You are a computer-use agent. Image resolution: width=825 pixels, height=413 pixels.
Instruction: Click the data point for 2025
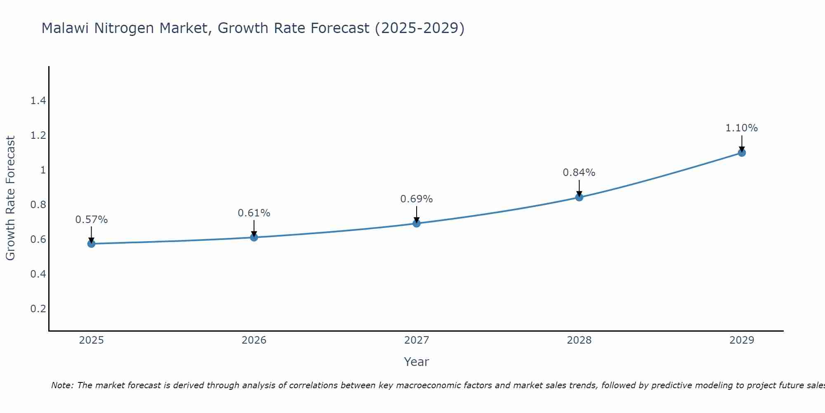(x=91, y=244)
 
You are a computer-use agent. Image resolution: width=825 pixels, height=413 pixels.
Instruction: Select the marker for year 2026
(x=254, y=237)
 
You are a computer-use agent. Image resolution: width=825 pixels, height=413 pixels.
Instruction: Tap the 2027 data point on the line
(x=416, y=223)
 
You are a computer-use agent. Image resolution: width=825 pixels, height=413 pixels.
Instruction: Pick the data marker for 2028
(x=579, y=197)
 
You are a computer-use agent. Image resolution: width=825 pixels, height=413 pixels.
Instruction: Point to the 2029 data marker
(x=741, y=153)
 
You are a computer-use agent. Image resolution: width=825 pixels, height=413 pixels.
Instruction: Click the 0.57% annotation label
(x=91, y=220)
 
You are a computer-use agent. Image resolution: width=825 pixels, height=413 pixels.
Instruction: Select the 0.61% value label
(x=254, y=213)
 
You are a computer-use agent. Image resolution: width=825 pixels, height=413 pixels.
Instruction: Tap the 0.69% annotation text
(x=416, y=199)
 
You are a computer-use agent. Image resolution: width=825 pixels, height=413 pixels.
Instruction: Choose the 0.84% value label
(x=579, y=173)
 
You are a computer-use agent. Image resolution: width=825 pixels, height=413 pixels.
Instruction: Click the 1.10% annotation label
(x=741, y=128)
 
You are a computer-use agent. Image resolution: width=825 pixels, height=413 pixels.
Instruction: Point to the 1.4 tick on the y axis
(x=38, y=101)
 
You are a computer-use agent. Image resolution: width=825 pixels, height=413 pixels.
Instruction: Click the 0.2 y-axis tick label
(x=38, y=309)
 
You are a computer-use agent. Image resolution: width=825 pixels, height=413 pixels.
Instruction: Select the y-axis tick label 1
(x=42, y=170)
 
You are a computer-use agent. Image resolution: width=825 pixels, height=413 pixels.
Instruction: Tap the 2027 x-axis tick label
(x=416, y=340)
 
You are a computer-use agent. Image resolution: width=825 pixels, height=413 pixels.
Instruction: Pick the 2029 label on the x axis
(x=741, y=340)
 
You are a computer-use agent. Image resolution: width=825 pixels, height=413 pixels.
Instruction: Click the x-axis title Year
(x=416, y=362)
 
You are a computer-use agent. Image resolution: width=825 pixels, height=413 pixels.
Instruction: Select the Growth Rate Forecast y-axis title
(x=10, y=198)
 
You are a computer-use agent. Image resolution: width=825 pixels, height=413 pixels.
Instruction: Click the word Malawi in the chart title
(x=66, y=28)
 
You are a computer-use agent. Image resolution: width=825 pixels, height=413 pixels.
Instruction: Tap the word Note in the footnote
(x=62, y=385)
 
